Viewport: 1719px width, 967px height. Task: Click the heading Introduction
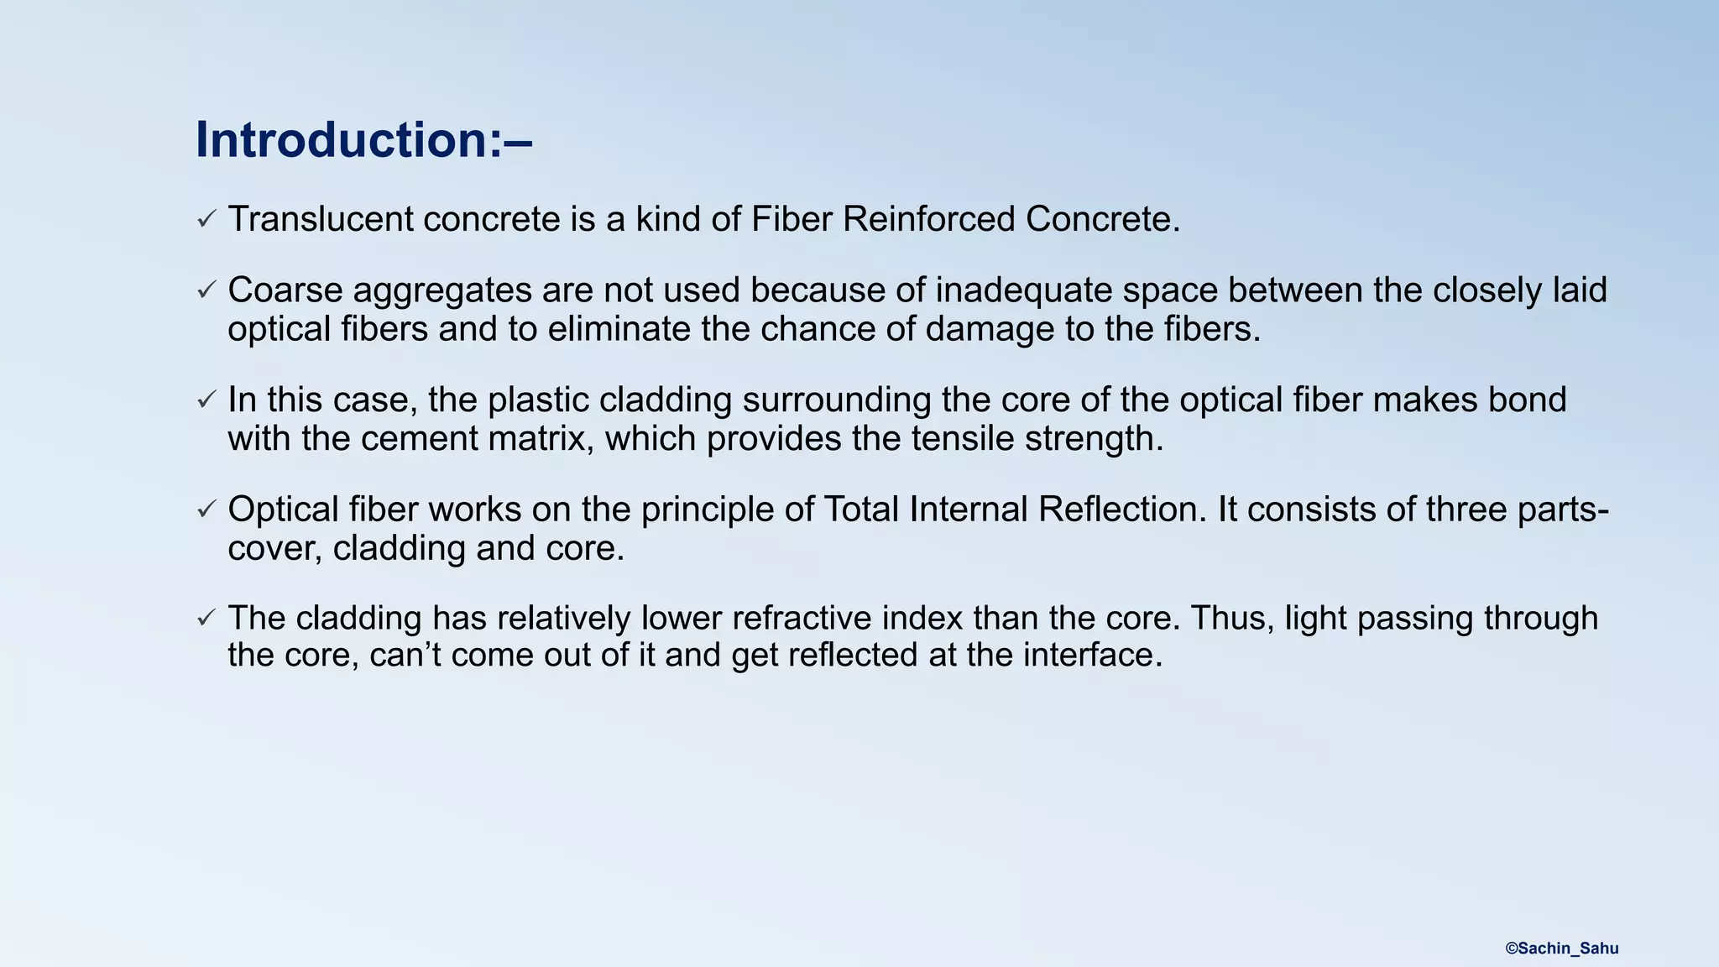point(363,139)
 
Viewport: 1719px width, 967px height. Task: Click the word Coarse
point(285,290)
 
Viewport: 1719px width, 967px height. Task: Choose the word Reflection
point(1122,510)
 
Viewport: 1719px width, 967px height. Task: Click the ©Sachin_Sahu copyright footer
point(1561,949)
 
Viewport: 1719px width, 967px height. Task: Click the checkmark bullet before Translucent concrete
point(206,219)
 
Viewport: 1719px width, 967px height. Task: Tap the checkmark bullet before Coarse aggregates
point(206,290)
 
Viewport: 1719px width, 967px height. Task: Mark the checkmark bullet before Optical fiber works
point(206,510)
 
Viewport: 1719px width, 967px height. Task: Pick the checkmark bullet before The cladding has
point(206,618)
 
